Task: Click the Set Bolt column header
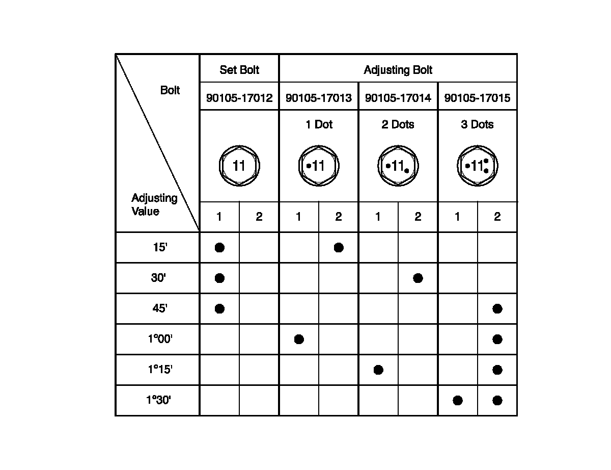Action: coord(239,70)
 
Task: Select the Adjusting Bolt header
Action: coord(398,70)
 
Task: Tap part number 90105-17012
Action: coord(239,98)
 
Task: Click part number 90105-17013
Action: coord(319,98)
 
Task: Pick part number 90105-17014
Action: coord(398,98)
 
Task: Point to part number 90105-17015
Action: coord(478,98)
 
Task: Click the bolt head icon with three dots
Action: coord(478,166)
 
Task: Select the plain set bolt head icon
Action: coord(239,166)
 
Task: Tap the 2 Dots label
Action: coord(398,124)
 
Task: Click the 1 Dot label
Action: coord(319,124)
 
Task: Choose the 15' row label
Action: coord(159,248)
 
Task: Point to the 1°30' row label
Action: coord(158,401)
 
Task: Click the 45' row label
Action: coord(159,309)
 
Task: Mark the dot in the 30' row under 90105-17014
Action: coord(418,278)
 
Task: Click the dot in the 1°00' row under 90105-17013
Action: coord(299,340)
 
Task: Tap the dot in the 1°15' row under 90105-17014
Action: coord(378,370)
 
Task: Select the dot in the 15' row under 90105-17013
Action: coord(339,248)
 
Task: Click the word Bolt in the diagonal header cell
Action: coord(170,91)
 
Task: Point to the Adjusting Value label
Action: coord(154,204)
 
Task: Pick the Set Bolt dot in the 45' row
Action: coord(219,309)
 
